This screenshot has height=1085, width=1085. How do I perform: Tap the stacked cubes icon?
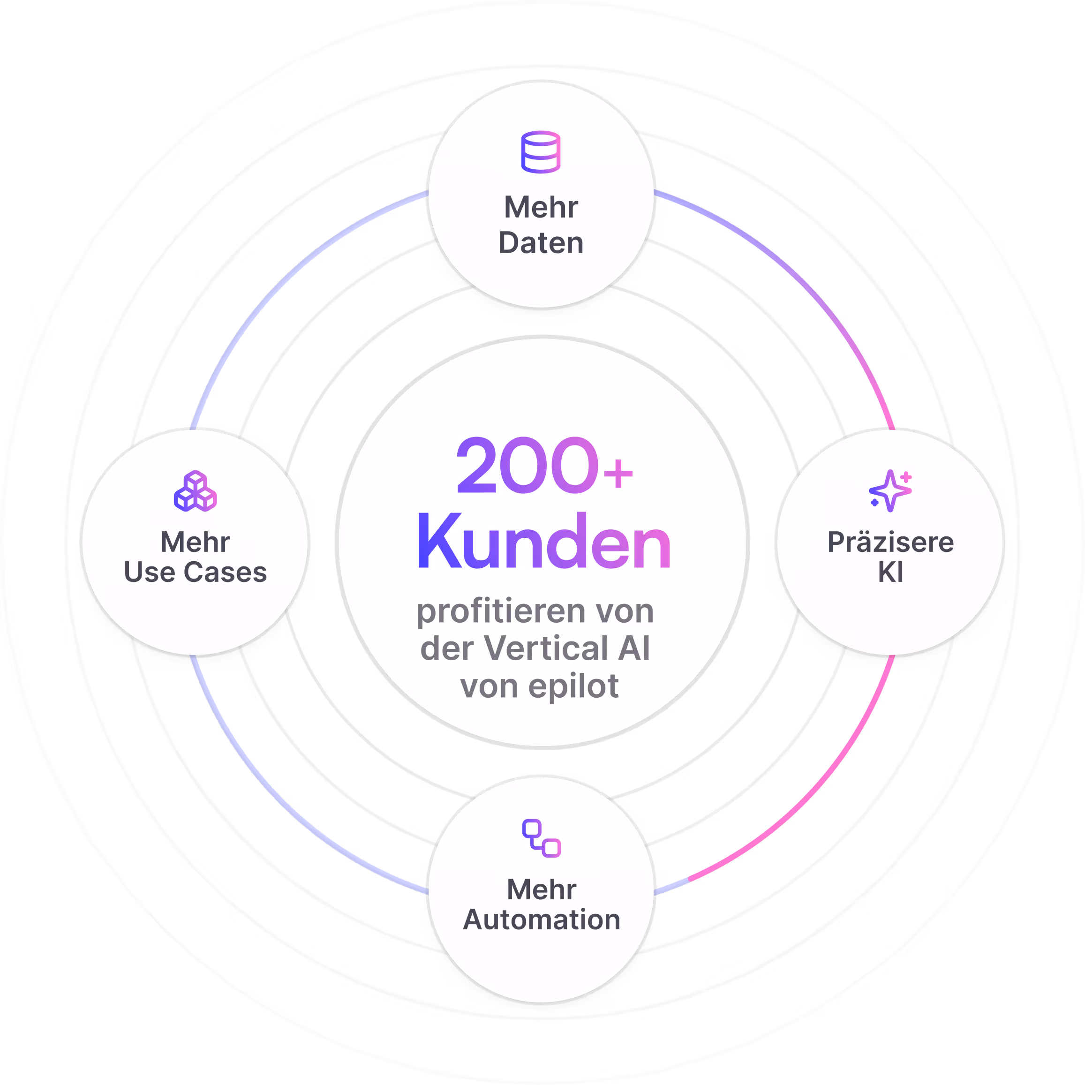tap(195, 491)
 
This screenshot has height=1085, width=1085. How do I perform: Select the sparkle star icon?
tap(889, 491)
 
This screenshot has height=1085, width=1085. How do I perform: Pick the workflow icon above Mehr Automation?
tap(542, 838)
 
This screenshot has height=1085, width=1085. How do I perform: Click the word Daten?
tap(541, 243)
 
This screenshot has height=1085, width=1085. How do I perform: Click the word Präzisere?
tap(890, 542)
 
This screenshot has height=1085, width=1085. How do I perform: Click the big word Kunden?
tap(543, 542)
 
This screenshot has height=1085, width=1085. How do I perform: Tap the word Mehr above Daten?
tap(541, 207)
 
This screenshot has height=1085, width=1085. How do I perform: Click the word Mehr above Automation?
tap(542, 889)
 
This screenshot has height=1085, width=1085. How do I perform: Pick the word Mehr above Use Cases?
tap(195, 542)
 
